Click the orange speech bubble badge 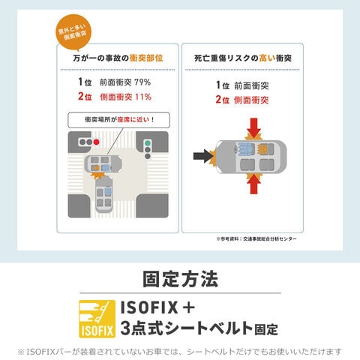(x=73, y=32)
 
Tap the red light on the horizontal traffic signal (x=96, y=142)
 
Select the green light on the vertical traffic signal (x=148, y=143)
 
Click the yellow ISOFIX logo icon (x=97, y=319)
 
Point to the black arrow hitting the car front (x=203, y=156)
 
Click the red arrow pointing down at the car (x=253, y=127)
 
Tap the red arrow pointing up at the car (x=253, y=184)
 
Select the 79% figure (x=142, y=82)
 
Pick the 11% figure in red (x=143, y=97)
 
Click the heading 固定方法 (x=181, y=279)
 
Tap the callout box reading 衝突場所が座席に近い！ (x=119, y=120)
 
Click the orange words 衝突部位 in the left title (x=146, y=58)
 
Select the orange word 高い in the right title (x=267, y=58)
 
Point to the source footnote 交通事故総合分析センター (x=270, y=239)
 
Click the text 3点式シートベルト (x=187, y=328)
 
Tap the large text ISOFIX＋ (x=157, y=307)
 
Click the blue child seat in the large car (x=246, y=148)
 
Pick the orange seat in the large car (x=263, y=148)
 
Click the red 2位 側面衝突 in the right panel (x=242, y=100)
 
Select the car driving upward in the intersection (x=104, y=194)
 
